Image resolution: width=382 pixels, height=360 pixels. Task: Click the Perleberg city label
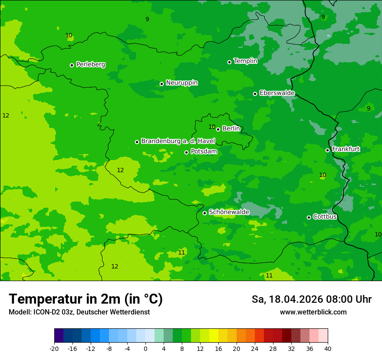coord(90,65)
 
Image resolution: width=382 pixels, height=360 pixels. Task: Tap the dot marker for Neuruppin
coord(161,84)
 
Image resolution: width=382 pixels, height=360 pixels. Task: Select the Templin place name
coord(245,61)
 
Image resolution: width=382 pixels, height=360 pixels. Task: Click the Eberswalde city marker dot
coord(255,94)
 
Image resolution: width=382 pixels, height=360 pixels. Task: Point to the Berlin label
coord(231,128)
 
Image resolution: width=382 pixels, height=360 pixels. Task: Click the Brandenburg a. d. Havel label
coord(178,141)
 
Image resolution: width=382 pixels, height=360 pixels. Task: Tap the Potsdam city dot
coord(186,152)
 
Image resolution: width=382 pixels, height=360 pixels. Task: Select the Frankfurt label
coord(346,149)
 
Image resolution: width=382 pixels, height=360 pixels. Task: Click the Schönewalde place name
coord(229,212)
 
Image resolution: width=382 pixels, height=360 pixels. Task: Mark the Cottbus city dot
coord(309,217)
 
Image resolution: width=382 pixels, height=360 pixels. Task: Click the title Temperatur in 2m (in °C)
coord(86,299)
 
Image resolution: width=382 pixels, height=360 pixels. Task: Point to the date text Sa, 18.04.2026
coord(286,299)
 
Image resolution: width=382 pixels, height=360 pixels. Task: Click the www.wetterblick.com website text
coord(313,312)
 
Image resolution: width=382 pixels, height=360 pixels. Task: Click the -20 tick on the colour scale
coord(54,348)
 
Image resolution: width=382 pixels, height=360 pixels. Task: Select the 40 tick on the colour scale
coord(327,348)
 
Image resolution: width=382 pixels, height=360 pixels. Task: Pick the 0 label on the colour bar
coord(145,348)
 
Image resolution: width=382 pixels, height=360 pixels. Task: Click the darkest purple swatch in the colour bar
coord(59,336)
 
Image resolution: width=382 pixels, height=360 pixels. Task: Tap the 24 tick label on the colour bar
coord(254,348)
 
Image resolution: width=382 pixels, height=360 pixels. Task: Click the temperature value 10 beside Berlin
coord(212,127)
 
